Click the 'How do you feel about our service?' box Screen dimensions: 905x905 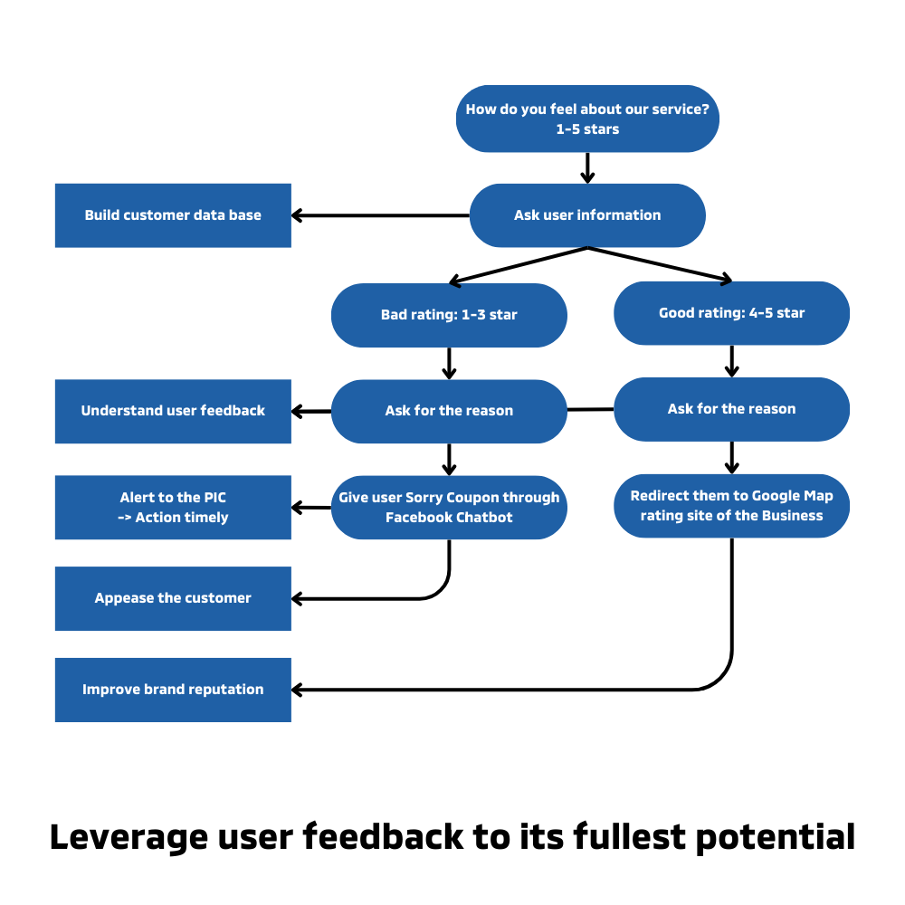click(587, 119)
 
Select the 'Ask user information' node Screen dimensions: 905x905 click(587, 215)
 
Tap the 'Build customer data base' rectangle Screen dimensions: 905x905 click(173, 215)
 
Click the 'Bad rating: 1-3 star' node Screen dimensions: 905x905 click(449, 315)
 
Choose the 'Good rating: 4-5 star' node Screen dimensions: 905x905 click(731, 313)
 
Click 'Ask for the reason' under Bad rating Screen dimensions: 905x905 click(449, 411)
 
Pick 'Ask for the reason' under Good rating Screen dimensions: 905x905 click(731, 409)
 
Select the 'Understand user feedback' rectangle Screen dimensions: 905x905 click(173, 411)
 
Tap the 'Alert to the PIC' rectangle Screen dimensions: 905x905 click(173, 508)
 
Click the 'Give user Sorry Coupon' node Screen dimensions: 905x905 click(449, 508)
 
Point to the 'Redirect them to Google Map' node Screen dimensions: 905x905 click(731, 506)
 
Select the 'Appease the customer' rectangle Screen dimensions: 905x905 click(173, 598)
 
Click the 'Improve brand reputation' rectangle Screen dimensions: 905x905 click(173, 690)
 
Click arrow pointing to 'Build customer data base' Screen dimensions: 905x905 click(380, 215)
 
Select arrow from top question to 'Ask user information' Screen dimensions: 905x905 click(587, 168)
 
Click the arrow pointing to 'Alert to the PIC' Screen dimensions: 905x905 click(310, 508)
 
